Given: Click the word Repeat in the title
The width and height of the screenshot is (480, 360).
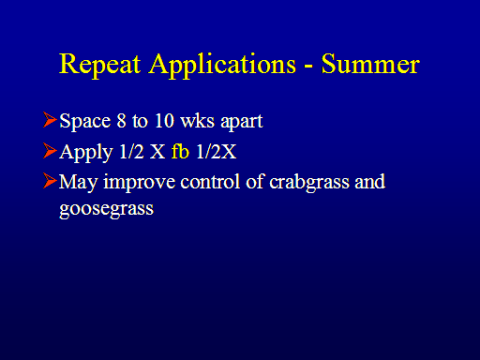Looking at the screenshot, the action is (100, 65).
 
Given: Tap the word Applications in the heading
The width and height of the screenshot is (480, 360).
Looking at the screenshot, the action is (222, 65).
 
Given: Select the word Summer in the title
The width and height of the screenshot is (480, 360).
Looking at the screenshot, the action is (370, 64).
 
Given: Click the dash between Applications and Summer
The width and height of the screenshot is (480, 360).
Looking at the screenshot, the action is (308, 67).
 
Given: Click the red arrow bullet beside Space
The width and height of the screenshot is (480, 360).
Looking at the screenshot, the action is (50, 120).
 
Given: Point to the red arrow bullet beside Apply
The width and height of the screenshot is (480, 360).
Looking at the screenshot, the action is (50, 151).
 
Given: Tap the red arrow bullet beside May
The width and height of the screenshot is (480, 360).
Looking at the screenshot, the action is (50, 181).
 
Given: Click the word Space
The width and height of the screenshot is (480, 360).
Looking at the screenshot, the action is (85, 122).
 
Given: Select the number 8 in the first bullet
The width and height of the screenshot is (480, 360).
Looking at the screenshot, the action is (121, 120).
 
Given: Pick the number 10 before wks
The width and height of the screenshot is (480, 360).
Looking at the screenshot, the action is (164, 120).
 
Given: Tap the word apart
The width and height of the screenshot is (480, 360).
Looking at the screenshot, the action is (242, 122).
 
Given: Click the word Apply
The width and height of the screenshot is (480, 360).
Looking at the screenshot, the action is (86, 153).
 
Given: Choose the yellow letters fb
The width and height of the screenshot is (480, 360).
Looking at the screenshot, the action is (180, 151).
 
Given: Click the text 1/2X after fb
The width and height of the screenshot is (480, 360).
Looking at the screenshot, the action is (217, 152).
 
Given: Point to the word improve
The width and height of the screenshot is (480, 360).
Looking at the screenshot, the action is (139, 182).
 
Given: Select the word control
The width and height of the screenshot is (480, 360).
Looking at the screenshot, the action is (210, 181).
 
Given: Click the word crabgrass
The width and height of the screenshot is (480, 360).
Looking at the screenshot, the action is (309, 183).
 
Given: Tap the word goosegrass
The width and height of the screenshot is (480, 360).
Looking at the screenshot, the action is (107, 209).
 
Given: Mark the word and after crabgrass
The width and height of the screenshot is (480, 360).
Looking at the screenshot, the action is (370, 181).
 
